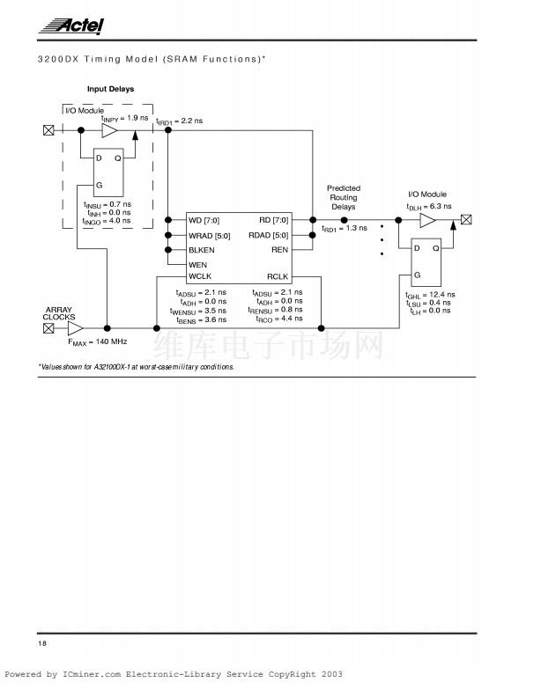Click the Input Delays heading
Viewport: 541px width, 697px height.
pos(109,89)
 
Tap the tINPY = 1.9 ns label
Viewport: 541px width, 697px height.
pos(124,118)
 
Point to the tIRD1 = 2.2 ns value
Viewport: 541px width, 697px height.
pos(180,121)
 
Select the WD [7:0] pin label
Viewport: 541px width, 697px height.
pos(204,220)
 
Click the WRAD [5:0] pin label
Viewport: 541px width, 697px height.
pos(210,235)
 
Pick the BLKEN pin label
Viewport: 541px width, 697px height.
pos(202,250)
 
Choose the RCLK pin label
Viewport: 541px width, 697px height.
pos(278,277)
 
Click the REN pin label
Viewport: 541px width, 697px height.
pos(280,250)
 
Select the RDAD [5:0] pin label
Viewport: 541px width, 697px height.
pos(268,235)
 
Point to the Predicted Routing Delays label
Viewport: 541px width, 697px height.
pos(344,198)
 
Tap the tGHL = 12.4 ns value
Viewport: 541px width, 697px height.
pos(430,294)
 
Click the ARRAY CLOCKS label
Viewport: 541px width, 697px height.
pos(59,313)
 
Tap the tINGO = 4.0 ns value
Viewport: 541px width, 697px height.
pos(107,221)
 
